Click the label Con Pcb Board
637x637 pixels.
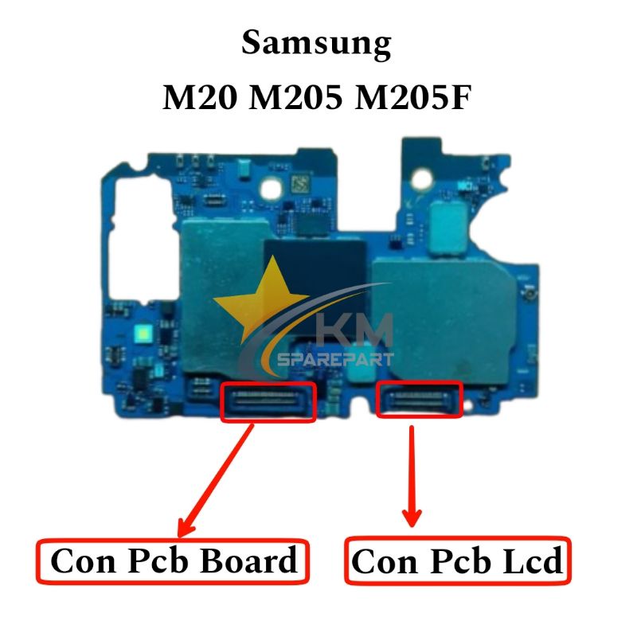tap(174, 561)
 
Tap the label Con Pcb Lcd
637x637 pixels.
tap(457, 561)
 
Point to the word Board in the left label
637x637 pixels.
tap(249, 561)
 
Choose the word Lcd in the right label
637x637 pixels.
tap(533, 561)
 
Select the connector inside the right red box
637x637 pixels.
tap(420, 399)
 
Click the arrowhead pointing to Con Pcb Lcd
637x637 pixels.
tap(412, 518)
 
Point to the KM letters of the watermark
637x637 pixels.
tap(354, 330)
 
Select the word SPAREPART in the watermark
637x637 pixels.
tap(335, 359)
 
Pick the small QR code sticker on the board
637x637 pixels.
tap(301, 184)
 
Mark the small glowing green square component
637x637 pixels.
tap(144, 334)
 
